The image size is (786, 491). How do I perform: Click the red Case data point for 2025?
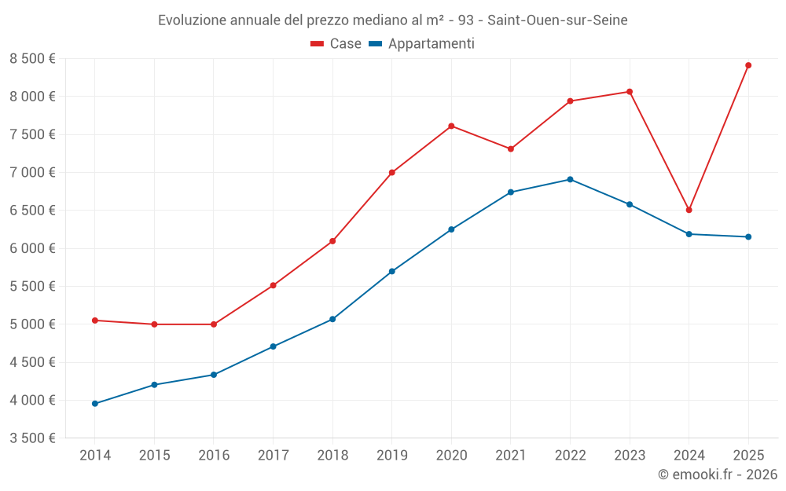(x=748, y=65)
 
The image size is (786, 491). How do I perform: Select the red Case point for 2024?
(x=689, y=210)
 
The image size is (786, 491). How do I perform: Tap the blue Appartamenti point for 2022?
(x=570, y=179)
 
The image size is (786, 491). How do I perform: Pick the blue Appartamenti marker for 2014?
(x=95, y=404)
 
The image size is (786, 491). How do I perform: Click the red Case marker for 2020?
(x=451, y=126)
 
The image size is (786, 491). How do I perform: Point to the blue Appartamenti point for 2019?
(x=391, y=271)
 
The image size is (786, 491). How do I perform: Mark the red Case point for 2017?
(x=273, y=285)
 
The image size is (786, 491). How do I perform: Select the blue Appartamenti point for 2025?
(x=748, y=236)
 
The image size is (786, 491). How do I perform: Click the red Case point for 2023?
(x=630, y=92)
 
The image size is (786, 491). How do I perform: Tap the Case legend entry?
(x=336, y=44)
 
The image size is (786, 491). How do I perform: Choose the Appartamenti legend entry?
(x=422, y=44)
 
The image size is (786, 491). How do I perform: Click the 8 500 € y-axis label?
(x=32, y=58)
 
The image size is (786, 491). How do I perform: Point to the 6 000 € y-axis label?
(x=32, y=248)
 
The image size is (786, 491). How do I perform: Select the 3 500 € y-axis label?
(x=32, y=438)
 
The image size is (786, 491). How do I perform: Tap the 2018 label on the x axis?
(x=332, y=456)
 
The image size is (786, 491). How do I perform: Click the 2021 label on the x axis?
(x=510, y=456)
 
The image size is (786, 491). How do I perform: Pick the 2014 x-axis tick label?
(x=95, y=456)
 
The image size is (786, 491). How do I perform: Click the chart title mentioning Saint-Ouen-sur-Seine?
(x=393, y=20)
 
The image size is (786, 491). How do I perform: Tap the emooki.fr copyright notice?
(x=717, y=475)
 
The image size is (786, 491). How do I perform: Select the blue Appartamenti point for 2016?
(x=214, y=375)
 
